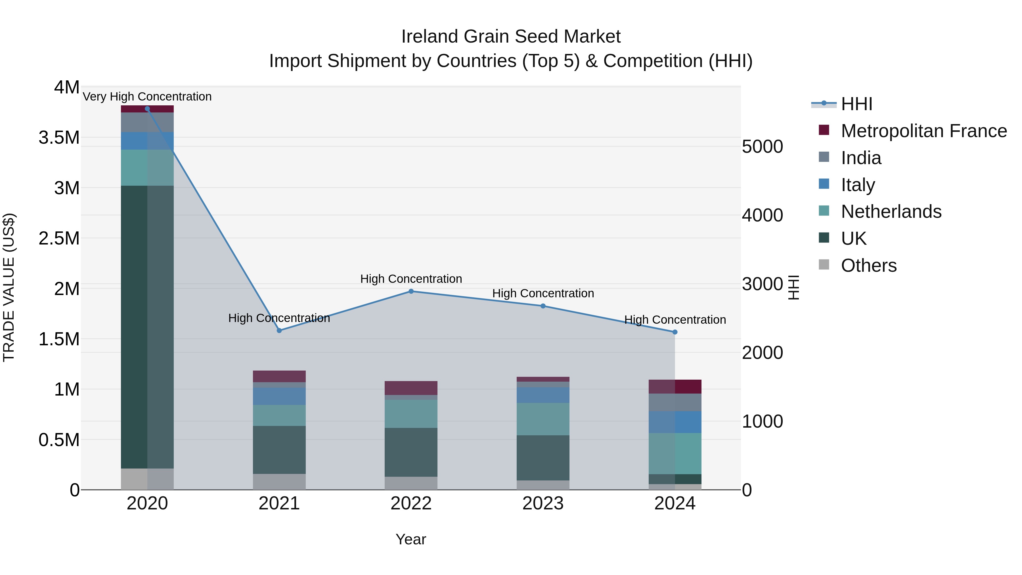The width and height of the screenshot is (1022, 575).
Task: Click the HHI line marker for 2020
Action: pyautogui.click(x=147, y=109)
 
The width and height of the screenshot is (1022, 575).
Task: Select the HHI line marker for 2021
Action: pyautogui.click(x=279, y=331)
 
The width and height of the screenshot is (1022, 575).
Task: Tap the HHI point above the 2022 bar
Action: pyautogui.click(x=411, y=291)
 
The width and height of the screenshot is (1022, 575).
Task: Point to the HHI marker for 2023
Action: pyautogui.click(x=543, y=306)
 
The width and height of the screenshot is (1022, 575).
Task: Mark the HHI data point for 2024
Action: pyautogui.click(x=675, y=332)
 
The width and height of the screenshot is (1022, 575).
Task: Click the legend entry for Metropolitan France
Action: pyautogui.click(x=923, y=131)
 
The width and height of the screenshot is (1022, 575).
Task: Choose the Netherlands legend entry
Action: pyautogui.click(x=891, y=212)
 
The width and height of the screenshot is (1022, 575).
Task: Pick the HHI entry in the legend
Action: pyautogui.click(x=856, y=104)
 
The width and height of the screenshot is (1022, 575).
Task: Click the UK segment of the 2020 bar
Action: pyautogui.click(x=147, y=327)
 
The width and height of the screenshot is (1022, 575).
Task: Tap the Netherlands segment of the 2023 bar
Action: pyautogui.click(x=543, y=419)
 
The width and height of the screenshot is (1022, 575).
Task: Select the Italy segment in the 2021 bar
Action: pyautogui.click(x=279, y=396)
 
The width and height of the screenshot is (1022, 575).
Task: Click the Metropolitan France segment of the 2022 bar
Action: pyautogui.click(x=411, y=388)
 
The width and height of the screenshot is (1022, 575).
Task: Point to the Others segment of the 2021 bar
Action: pyautogui.click(x=279, y=482)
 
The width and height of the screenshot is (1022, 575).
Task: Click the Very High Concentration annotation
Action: pyautogui.click(x=147, y=97)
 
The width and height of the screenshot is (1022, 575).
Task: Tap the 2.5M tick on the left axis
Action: pyautogui.click(x=59, y=239)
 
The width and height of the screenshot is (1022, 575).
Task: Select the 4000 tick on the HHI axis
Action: pyautogui.click(x=762, y=216)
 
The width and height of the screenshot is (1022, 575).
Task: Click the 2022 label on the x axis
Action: pyautogui.click(x=411, y=503)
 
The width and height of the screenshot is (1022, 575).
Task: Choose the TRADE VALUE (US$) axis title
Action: pyautogui.click(x=9, y=287)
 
